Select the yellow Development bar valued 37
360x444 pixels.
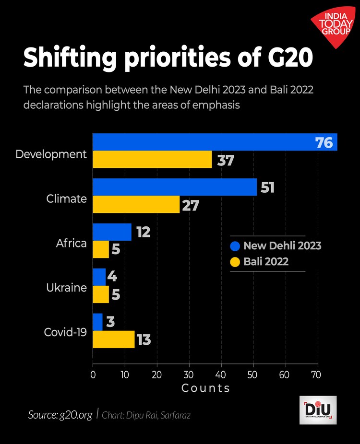point(152,160)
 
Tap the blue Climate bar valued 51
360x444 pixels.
point(175,187)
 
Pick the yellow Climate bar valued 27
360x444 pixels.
point(136,204)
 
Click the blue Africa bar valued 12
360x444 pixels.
point(112,232)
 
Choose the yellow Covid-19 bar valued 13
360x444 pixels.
point(114,339)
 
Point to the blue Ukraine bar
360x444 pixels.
point(99,277)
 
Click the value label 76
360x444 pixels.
point(324,143)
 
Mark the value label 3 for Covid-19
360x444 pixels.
point(110,322)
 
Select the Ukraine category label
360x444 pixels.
point(66,288)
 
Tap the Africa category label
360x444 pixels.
point(71,243)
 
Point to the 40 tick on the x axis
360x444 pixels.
point(221,374)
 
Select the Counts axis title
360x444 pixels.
point(205,388)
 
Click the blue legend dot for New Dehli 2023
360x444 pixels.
point(235,246)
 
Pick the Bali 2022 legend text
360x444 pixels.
point(266,262)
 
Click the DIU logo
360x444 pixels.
point(317,410)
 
